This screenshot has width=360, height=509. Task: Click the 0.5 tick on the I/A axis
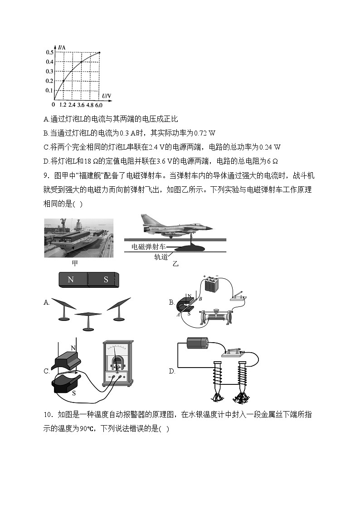[x=49, y=53]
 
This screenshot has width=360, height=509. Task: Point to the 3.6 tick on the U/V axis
[x=81, y=105]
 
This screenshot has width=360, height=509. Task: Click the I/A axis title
[x=62, y=46]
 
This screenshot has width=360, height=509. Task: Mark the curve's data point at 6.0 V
[x=99, y=53]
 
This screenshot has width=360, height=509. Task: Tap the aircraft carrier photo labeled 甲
[x=78, y=238]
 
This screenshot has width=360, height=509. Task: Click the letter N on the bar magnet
[x=71, y=280]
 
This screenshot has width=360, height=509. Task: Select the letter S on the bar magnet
[x=106, y=280]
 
